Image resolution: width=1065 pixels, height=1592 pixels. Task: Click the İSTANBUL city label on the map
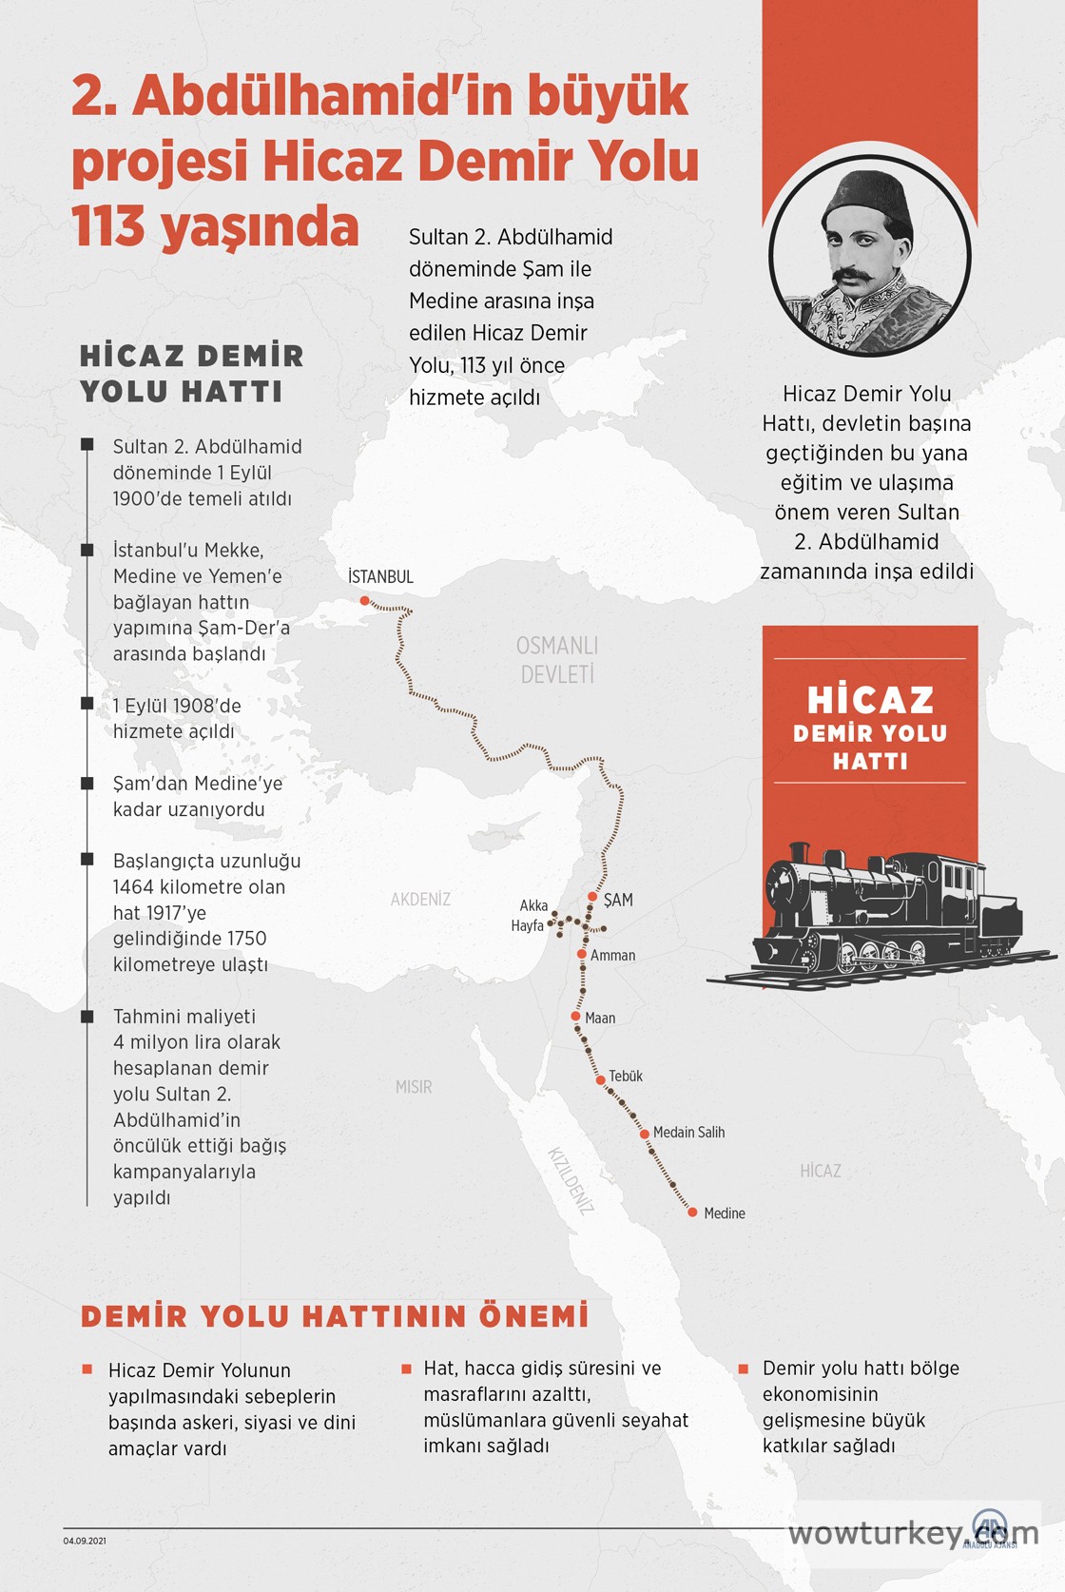coord(380,576)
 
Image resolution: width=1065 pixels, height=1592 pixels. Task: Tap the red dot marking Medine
coord(693,1212)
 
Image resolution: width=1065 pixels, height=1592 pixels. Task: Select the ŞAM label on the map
coord(618,900)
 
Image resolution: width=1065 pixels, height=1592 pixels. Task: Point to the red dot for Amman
coord(582,954)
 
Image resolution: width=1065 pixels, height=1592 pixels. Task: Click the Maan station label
coord(600,1018)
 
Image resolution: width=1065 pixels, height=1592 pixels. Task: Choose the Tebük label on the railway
coord(626,1076)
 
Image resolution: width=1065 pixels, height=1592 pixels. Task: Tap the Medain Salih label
coord(688,1132)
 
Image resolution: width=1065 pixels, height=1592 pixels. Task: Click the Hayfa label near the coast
coord(527,925)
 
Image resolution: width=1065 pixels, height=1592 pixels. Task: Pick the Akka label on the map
coord(533,905)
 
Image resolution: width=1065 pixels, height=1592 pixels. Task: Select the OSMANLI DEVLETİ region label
coord(557,660)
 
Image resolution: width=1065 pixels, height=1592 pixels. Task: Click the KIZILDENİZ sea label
coord(571,1180)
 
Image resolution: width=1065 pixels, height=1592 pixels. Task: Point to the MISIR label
coord(414,1086)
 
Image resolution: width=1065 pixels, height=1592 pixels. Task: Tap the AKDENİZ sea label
coord(420,899)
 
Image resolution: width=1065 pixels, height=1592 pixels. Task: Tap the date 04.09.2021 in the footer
coord(85,1541)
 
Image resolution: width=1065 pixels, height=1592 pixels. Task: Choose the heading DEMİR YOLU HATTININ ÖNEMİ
coord(335,1316)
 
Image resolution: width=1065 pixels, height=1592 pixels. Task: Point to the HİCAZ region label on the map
coord(821,1171)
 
